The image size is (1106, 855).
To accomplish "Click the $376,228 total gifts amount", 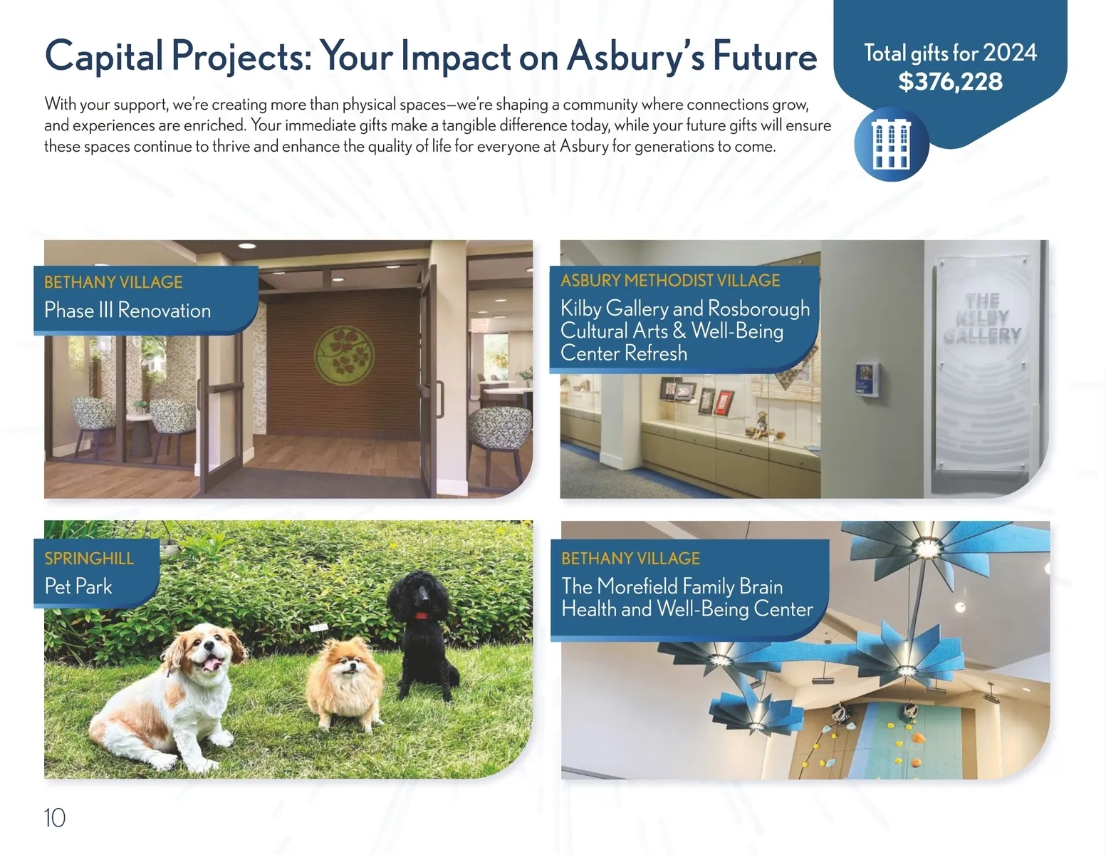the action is click(950, 81).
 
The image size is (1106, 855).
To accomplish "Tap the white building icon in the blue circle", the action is click(891, 144).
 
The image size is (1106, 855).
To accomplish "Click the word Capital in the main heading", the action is click(104, 57).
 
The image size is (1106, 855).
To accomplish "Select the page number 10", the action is click(54, 818).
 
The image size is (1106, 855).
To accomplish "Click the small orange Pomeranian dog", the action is click(345, 683).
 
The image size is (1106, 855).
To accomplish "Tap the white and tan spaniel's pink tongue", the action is click(213, 664).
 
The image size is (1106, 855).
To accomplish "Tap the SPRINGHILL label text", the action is click(89, 559).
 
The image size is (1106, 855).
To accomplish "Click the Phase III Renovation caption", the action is click(127, 310).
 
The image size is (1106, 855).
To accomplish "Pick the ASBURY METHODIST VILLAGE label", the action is click(670, 281).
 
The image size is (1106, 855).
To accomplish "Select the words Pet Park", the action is click(78, 586).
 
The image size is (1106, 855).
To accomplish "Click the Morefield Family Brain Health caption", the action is click(687, 597).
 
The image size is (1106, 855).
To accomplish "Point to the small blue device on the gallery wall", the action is click(866, 379).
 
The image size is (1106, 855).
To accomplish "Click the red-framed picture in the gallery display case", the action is click(724, 401).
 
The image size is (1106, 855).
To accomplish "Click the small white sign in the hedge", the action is click(318, 628).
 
